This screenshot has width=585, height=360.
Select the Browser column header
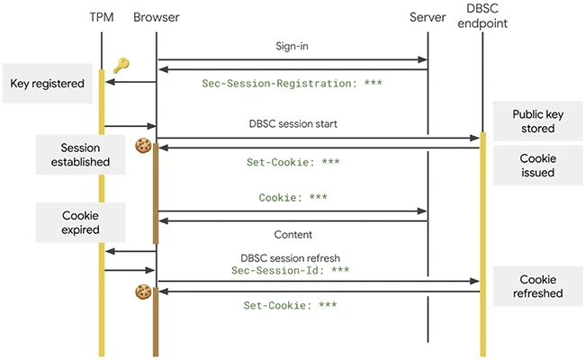pyautogui.click(x=156, y=18)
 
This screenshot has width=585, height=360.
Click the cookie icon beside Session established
pyautogui.click(x=141, y=145)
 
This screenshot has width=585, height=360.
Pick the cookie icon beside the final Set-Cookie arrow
pyautogui.click(x=141, y=291)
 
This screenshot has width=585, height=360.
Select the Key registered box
pyautogui.click(x=47, y=84)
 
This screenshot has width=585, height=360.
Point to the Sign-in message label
pyautogui.click(x=292, y=45)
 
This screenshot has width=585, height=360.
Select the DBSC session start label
pyautogui.click(x=292, y=124)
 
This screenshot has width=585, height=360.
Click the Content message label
pyautogui.click(x=292, y=234)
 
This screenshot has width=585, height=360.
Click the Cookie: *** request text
pyautogui.click(x=292, y=198)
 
